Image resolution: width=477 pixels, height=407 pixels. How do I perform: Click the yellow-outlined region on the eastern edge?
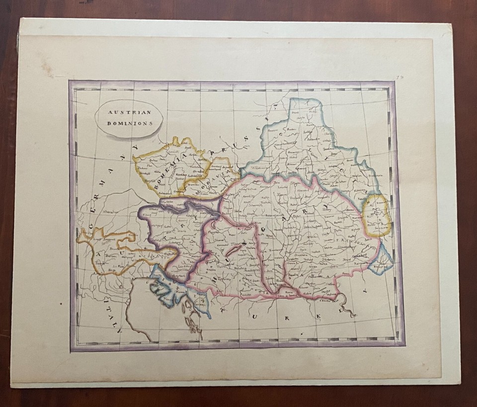pos(377,216)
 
